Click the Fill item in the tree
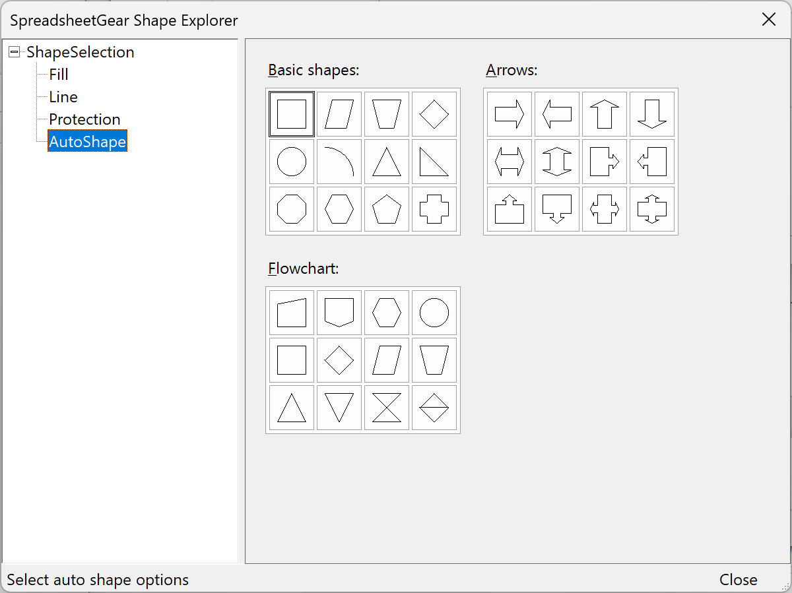(x=59, y=75)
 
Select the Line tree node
(x=63, y=97)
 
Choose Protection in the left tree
(x=84, y=119)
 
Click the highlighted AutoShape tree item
(x=87, y=141)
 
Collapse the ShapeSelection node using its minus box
(x=15, y=52)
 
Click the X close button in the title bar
(x=769, y=20)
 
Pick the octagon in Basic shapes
(x=292, y=210)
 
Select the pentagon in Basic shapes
(x=387, y=210)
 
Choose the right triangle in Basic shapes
(x=434, y=162)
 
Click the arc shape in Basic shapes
(x=339, y=162)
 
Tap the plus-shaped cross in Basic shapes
(x=434, y=210)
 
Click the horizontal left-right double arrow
(x=510, y=162)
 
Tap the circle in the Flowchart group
(x=434, y=313)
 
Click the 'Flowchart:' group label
(x=303, y=268)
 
